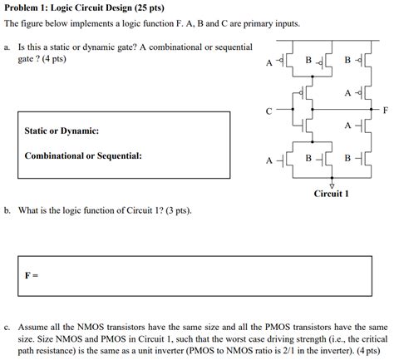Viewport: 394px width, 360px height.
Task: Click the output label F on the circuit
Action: (x=383, y=109)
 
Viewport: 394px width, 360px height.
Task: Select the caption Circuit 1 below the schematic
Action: (x=331, y=195)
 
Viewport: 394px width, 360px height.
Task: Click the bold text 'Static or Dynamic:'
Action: (x=62, y=131)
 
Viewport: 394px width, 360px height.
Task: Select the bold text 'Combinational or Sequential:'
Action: (x=83, y=155)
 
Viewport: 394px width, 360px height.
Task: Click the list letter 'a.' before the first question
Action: (x=7, y=48)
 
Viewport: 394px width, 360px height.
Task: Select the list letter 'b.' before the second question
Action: (x=7, y=211)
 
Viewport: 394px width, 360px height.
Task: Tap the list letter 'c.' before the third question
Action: (x=7, y=328)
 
